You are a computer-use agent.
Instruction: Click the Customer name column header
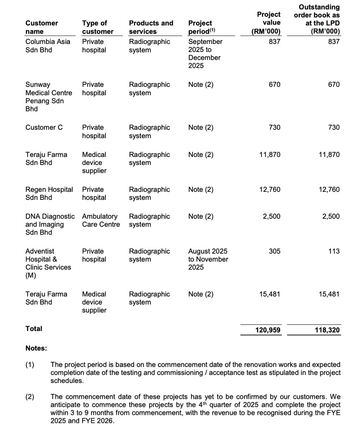[x=41, y=27]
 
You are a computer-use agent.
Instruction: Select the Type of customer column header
[x=97, y=27]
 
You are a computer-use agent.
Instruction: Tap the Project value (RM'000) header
[x=266, y=23]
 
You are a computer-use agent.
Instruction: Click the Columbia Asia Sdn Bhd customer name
[x=48, y=46]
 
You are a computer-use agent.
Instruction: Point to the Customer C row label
[x=44, y=128]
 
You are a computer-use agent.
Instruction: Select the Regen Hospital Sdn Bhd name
[x=49, y=193]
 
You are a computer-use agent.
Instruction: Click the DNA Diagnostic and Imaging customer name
[x=50, y=224]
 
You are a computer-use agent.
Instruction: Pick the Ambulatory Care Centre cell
[x=101, y=220]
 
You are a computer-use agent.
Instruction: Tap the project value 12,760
[x=270, y=189]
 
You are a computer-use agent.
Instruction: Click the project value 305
[x=274, y=251]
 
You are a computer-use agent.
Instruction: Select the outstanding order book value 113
[x=333, y=251]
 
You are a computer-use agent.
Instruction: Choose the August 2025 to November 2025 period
[x=208, y=259]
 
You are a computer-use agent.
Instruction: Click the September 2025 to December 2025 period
[x=205, y=53]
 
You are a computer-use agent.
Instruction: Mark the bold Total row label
[x=34, y=328]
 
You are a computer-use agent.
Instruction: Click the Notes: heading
[x=36, y=348]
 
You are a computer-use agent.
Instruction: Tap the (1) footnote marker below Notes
[x=30, y=364]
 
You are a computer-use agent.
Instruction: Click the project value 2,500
[x=271, y=216]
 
